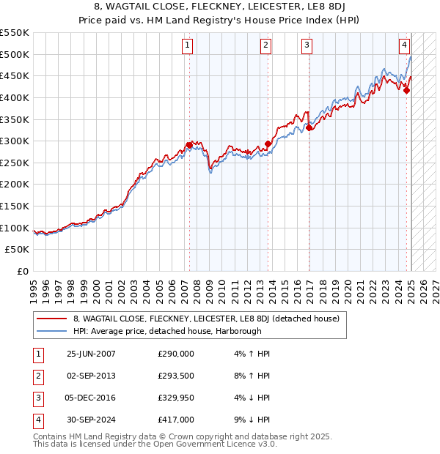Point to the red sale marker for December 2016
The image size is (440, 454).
pos(309,127)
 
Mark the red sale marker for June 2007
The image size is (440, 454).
pos(189,145)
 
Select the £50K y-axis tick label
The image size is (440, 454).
pos(18,250)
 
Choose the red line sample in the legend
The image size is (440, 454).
pos(51,319)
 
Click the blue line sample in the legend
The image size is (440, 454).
pos(51,331)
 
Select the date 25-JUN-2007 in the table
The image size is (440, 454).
pos(91,354)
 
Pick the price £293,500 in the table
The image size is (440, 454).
pos(176,376)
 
